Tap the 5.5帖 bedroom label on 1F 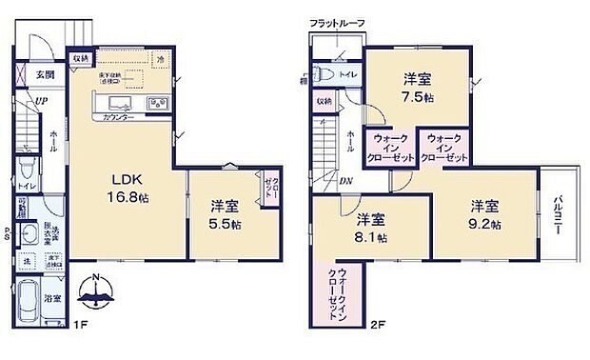click(224, 214)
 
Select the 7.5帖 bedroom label click(419, 89)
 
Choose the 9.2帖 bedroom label click(483, 213)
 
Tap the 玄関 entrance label click(46, 75)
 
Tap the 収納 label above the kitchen click(83, 58)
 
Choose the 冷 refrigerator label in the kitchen click(161, 58)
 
